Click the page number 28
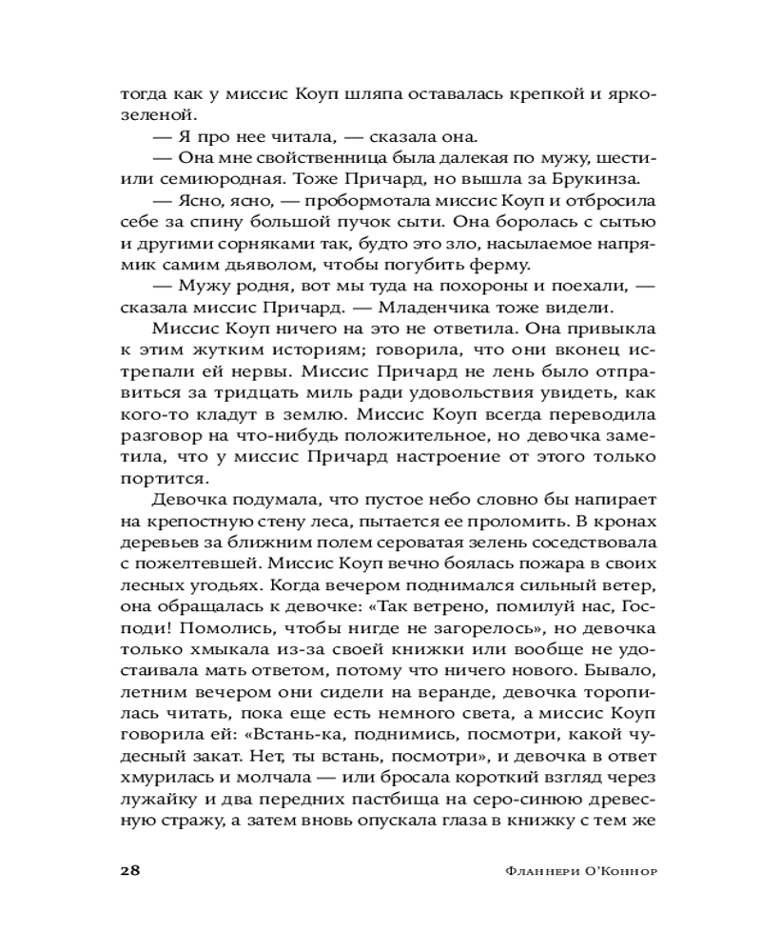(x=130, y=870)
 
